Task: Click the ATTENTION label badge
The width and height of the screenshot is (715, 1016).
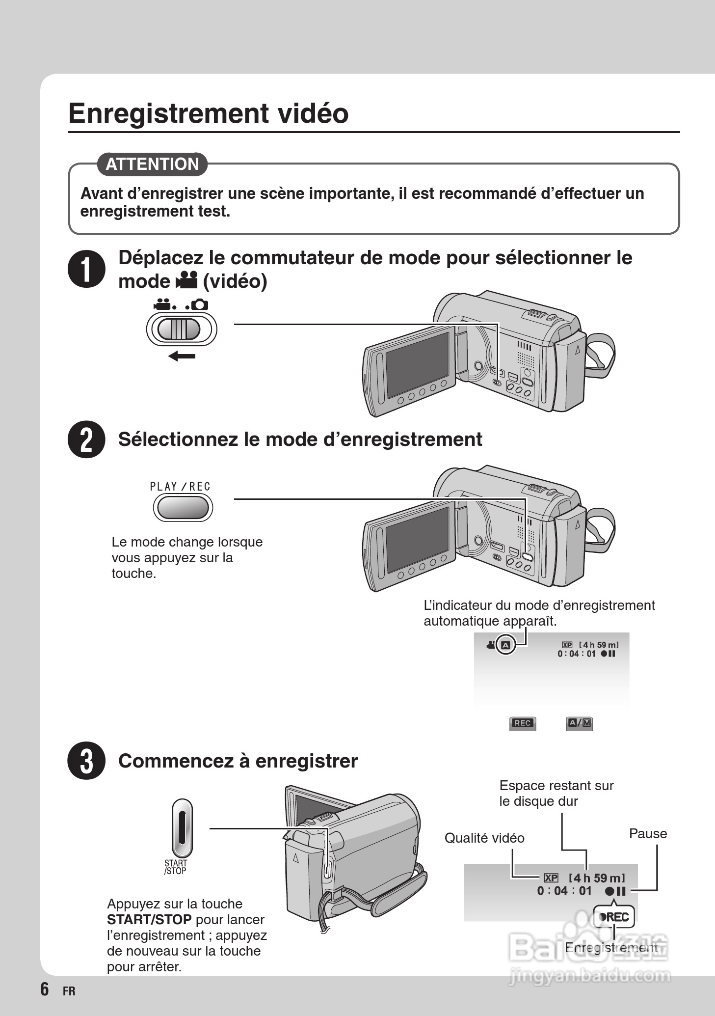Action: click(152, 164)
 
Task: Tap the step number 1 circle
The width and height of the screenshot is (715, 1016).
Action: click(86, 269)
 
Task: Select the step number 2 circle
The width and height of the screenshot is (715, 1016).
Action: click(86, 439)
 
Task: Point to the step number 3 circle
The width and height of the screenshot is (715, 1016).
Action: click(86, 761)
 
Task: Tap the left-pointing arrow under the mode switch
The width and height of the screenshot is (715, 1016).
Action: click(182, 356)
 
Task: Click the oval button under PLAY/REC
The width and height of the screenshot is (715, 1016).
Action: click(183, 507)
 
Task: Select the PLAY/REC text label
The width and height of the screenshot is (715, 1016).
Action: click(180, 487)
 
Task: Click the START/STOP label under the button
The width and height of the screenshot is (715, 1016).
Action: click(176, 867)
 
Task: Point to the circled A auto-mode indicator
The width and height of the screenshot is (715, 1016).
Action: click(506, 645)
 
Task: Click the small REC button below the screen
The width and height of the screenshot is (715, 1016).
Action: click(522, 723)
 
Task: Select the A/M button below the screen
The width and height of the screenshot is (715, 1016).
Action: click(580, 723)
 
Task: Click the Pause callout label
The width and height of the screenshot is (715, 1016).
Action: click(648, 833)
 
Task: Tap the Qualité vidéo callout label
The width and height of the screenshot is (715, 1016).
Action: click(484, 838)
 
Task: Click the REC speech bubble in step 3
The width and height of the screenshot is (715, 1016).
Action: click(614, 917)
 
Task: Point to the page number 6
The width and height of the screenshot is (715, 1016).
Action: click(45, 989)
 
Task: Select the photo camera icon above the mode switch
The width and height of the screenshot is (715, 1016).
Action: click(199, 305)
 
